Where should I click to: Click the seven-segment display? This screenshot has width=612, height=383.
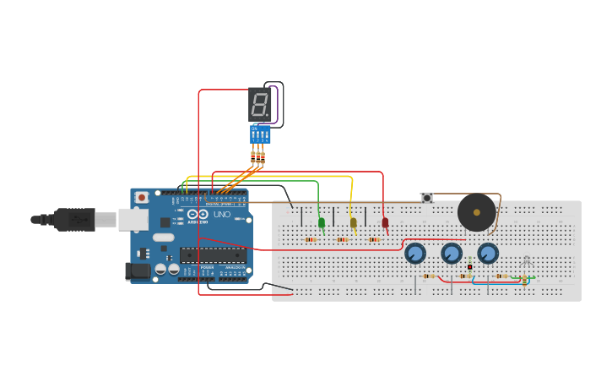click(260, 105)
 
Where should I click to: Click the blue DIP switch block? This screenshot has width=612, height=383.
click(260, 134)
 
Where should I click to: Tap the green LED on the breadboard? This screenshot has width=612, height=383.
click(322, 223)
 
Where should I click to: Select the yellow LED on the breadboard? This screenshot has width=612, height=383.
click(353, 222)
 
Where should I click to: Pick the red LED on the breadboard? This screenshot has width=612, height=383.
click(385, 223)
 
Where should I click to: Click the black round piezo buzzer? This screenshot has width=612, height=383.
click(476, 212)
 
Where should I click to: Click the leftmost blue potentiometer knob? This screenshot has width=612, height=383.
click(414, 253)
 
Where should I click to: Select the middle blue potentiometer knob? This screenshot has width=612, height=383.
click(452, 253)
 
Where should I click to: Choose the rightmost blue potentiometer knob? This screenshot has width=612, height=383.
click(488, 253)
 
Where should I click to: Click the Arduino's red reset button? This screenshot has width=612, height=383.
click(142, 197)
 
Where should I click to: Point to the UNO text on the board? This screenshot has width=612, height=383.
click(221, 215)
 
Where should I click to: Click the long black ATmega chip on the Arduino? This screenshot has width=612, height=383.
click(213, 254)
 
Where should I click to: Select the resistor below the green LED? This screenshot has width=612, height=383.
click(311, 239)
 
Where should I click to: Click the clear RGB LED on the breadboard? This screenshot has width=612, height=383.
click(527, 261)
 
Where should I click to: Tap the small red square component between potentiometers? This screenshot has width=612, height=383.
click(469, 267)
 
